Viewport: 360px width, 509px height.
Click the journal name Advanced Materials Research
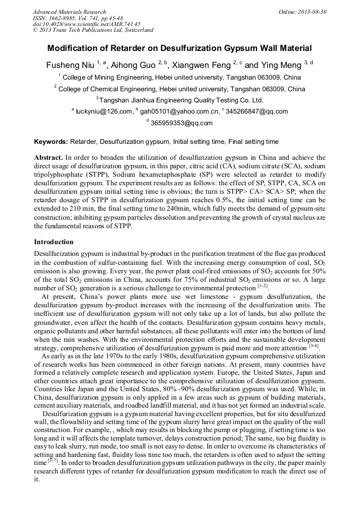click(x=70, y=12)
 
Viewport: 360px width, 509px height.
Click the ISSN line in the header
click(x=78, y=18)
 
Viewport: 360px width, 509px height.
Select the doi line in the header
click(x=87, y=24)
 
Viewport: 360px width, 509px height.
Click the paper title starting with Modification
click(x=179, y=48)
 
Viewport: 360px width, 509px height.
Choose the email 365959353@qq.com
click(x=182, y=123)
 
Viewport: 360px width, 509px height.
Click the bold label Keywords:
click(x=51, y=142)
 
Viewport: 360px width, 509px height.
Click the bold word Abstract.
click(x=49, y=158)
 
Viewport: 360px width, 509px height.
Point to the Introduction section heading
click(x=54, y=242)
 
